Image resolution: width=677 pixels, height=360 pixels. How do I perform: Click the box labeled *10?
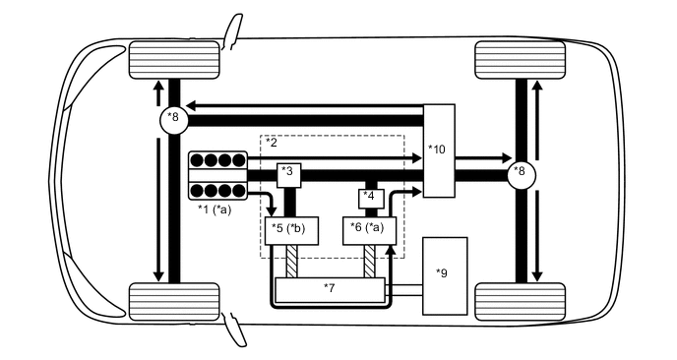pos(439,150)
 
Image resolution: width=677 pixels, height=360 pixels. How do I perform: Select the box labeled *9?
pos(445,275)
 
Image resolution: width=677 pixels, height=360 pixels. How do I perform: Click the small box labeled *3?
pos(288,174)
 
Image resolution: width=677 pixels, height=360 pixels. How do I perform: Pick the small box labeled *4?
pos(369,196)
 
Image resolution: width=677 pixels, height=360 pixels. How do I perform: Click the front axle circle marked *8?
pos(174,119)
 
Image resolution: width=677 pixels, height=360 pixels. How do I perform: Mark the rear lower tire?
pos(520,299)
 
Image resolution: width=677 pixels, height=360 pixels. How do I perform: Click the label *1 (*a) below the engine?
pos(217,209)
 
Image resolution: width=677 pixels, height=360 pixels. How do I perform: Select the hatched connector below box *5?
pos(292,263)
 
